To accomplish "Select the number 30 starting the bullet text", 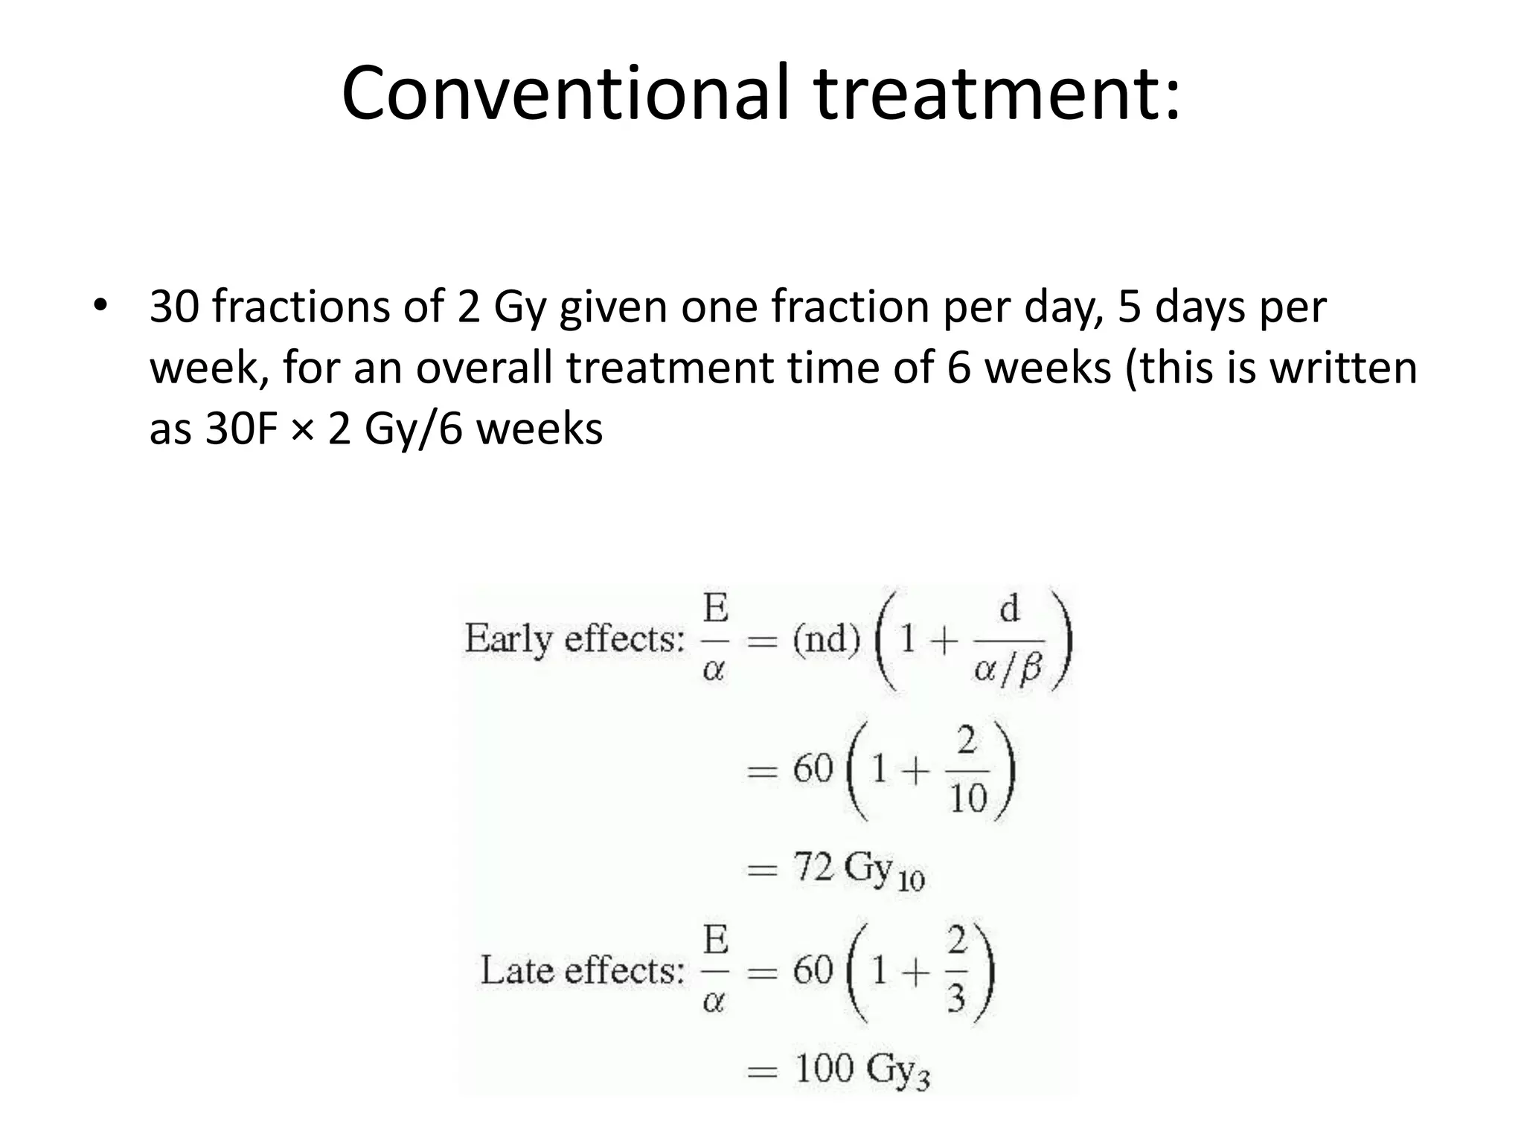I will click(174, 307).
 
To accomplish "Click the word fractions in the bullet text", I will click(300, 307).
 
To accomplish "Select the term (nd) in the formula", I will click(825, 638).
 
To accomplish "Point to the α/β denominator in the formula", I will click(1008, 670).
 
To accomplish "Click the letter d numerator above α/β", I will click(1009, 610).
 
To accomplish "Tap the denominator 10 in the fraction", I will click(967, 799).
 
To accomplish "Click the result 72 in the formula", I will click(813, 866).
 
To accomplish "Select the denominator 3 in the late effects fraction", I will click(955, 999).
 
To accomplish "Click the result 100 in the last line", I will click(825, 1069).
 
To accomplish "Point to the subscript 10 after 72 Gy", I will click(911, 882).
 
